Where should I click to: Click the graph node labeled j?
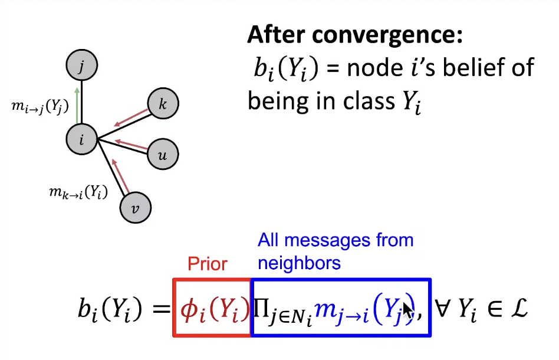pyautogui.click(x=81, y=66)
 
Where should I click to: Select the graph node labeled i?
pyautogui.click(x=81, y=139)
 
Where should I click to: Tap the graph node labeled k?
pyautogui.click(x=163, y=104)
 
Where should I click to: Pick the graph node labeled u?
pyautogui.click(x=162, y=155)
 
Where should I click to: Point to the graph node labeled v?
pyautogui.click(x=136, y=207)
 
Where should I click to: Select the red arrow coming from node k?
pyautogui.click(x=130, y=117)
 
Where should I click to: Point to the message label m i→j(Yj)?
pyautogui.click(x=40, y=106)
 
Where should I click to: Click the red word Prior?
pyautogui.click(x=207, y=264)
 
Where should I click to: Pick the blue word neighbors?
pyautogui.click(x=299, y=262)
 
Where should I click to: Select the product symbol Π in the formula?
pyautogui.click(x=261, y=308)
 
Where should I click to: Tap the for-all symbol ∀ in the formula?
pyautogui.click(x=443, y=309)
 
